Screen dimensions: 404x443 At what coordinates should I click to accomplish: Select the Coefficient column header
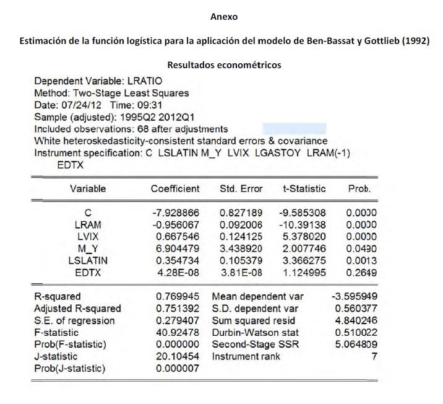click(x=175, y=188)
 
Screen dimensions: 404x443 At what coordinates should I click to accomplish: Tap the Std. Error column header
click(x=241, y=188)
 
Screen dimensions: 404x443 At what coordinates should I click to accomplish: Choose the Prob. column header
click(x=359, y=188)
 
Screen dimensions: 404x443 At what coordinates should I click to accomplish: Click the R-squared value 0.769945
click(x=175, y=297)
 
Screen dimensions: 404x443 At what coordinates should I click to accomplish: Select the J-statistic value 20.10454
click(x=175, y=357)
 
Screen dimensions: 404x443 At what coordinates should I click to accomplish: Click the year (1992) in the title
click(x=412, y=41)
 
